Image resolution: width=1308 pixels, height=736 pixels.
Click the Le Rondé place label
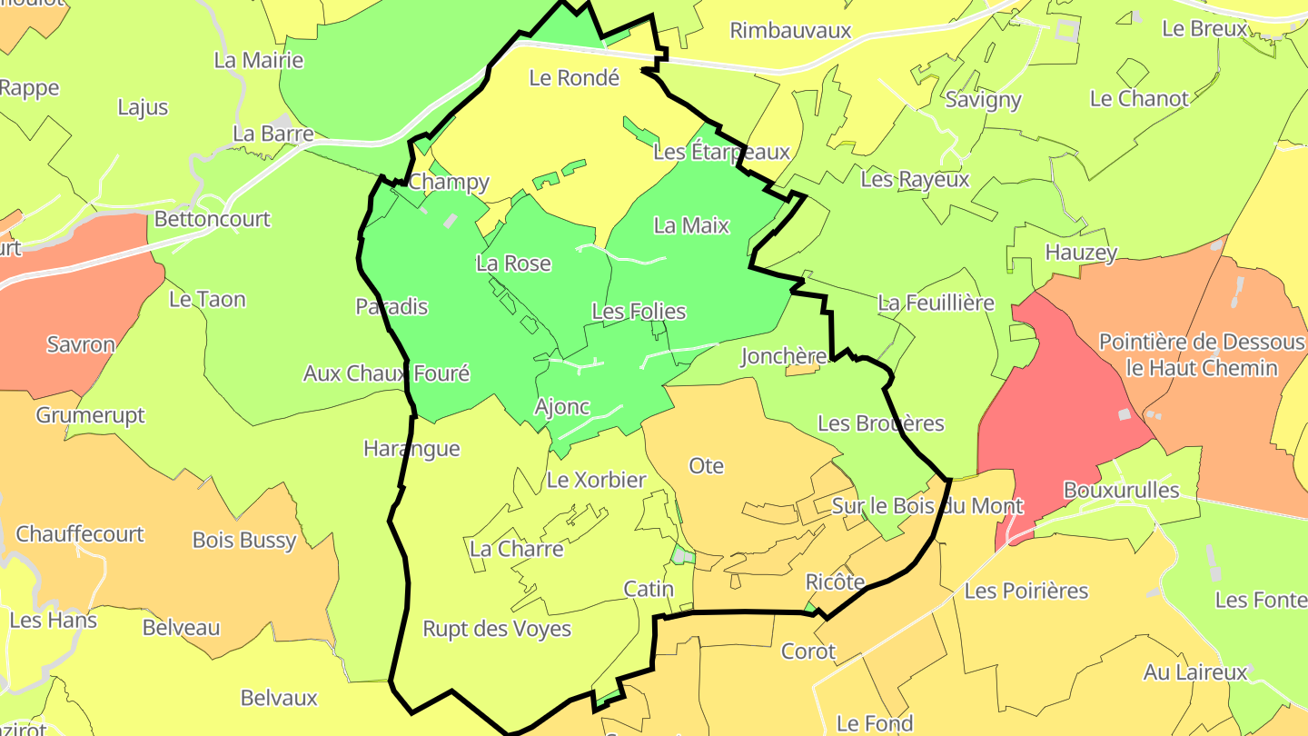point(574,78)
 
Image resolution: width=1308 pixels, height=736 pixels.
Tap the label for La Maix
point(691,225)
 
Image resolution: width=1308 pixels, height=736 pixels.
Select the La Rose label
point(513,264)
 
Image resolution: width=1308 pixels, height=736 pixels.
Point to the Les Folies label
point(639,312)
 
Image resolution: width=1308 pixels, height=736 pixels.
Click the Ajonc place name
point(562,407)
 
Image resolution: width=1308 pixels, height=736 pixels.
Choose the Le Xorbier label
point(596,480)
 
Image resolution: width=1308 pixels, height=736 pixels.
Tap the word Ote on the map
point(706,466)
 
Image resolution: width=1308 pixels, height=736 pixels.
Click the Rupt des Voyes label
point(497,629)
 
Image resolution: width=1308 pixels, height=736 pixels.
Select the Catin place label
point(649,589)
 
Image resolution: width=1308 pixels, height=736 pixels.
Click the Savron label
point(81,345)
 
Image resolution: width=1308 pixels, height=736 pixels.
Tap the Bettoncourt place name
point(213,219)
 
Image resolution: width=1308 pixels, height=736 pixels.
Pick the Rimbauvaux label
point(790,31)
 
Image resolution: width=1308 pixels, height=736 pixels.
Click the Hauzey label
point(1081,253)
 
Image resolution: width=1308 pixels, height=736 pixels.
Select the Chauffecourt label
point(80,533)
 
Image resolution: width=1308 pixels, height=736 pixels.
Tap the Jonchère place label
point(783,356)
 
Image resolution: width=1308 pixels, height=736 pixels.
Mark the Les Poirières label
point(1026,592)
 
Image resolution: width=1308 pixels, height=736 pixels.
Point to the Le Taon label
point(207,299)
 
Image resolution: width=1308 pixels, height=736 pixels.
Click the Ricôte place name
point(835,582)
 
